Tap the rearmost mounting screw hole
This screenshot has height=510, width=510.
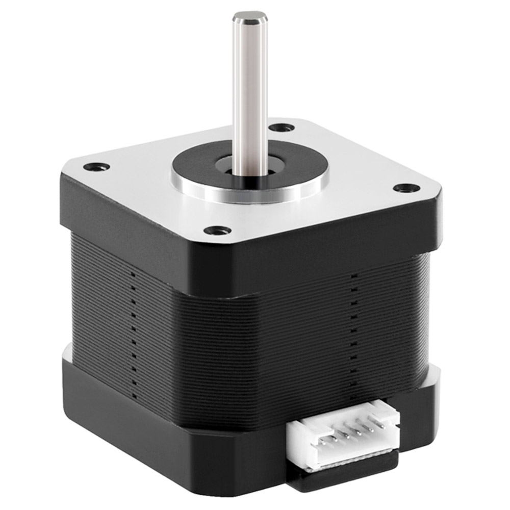pos(282,127)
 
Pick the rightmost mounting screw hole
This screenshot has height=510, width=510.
pos(404,188)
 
